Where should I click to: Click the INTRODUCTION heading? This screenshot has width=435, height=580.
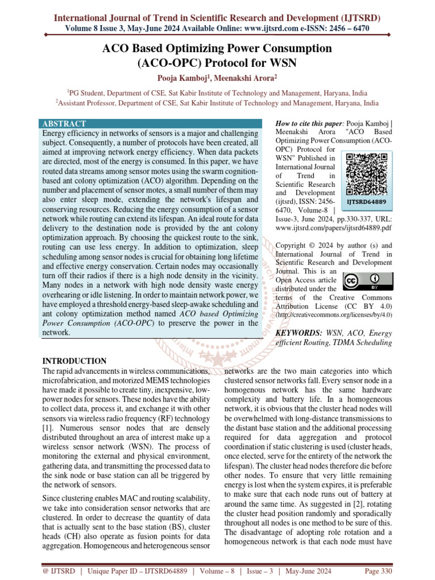(75, 361)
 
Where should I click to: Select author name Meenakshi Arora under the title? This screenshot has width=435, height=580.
(249, 77)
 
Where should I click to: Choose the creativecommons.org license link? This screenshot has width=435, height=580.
(333, 315)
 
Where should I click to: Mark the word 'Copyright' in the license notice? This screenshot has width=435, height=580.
(293, 246)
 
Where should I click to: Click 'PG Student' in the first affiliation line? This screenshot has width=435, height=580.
(90, 93)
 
